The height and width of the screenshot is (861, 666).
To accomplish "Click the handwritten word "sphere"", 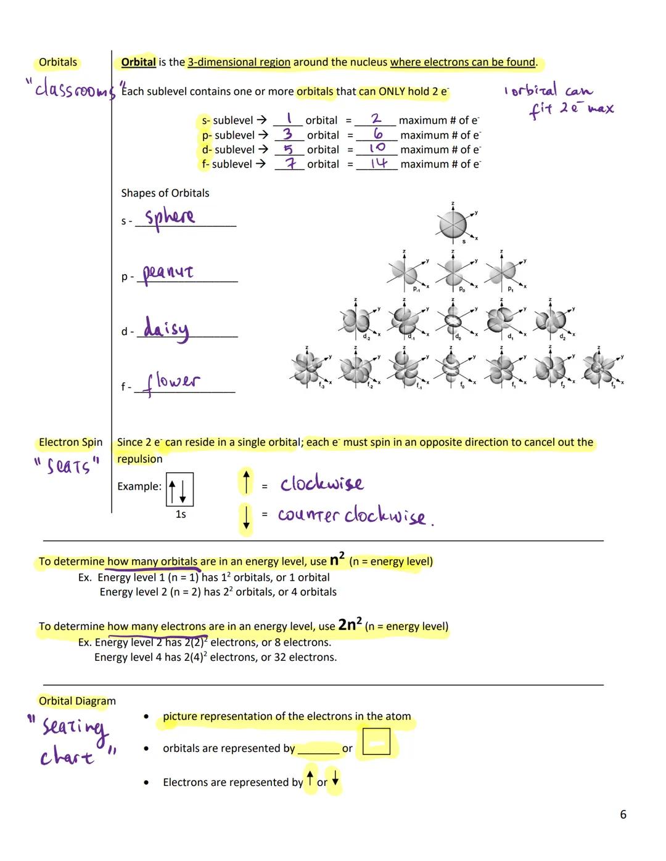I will click(x=170, y=217).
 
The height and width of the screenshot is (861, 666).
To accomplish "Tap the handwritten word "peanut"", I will click(x=168, y=273).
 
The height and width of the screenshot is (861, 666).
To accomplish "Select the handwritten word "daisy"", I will click(x=166, y=328).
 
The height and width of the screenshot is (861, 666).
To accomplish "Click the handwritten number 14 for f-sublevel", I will click(x=378, y=163).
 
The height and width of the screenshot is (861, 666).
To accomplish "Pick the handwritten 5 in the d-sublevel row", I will click(x=288, y=149).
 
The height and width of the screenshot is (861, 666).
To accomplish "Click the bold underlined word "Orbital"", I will click(x=138, y=62).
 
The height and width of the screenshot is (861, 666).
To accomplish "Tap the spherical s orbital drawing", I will click(x=453, y=225).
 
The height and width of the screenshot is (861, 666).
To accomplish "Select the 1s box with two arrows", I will click(x=179, y=489).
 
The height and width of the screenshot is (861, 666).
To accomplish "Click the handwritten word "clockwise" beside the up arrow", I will click(x=321, y=484).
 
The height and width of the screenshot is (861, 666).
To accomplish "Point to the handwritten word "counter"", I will click(x=308, y=515).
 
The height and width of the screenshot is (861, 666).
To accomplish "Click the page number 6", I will click(x=623, y=815).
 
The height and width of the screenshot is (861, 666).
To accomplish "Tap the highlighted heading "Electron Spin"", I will click(x=70, y=442).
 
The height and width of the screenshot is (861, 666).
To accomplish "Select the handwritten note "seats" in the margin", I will click(x=67, y=466).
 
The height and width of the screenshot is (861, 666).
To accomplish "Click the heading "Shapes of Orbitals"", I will click(x=165, y=193).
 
